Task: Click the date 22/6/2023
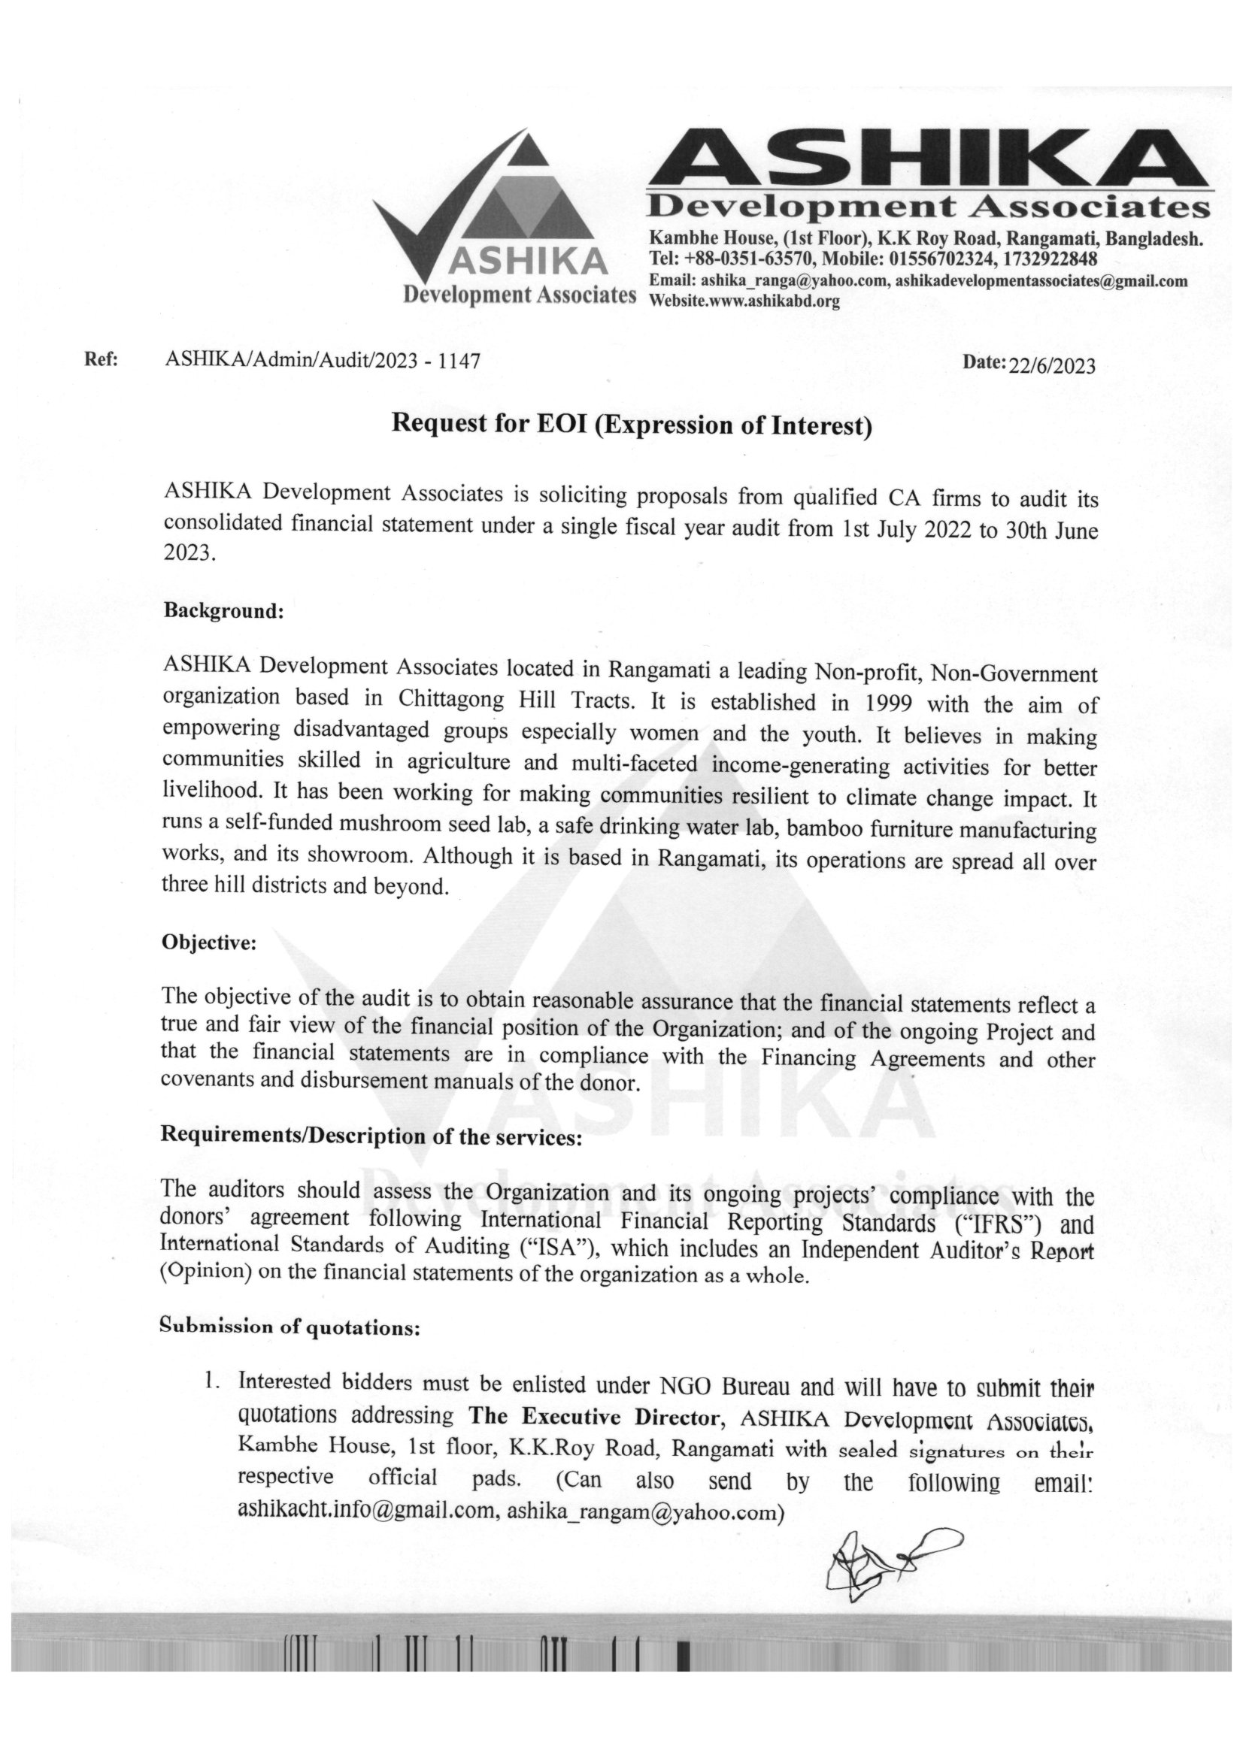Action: (x=1052, y=366)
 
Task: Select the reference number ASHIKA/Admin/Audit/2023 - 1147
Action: (x=323, y=360)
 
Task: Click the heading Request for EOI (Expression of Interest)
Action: (x=632, y=424)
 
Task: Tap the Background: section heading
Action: (x=223, y=612)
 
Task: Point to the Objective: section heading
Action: (x=208, y=943)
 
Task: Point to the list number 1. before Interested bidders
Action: (x=208, y=1384)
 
